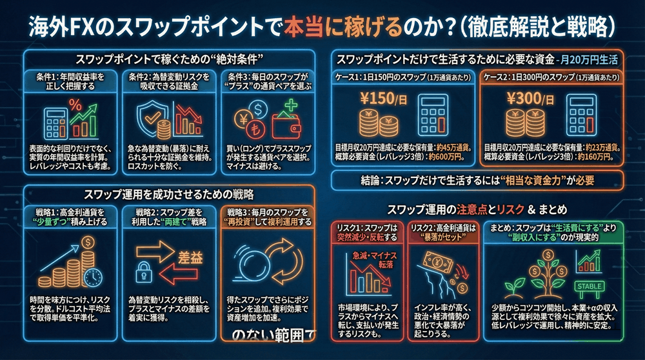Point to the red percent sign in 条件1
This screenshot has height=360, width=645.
[x=75, y=103]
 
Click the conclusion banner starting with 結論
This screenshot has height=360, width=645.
[x=477, y=180]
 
